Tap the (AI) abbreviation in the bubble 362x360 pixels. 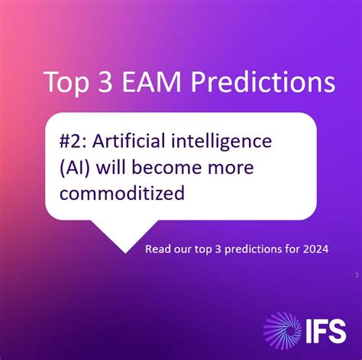pos(77,167)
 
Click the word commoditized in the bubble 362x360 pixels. pos(122,193)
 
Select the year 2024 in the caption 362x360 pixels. pos(314,249)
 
